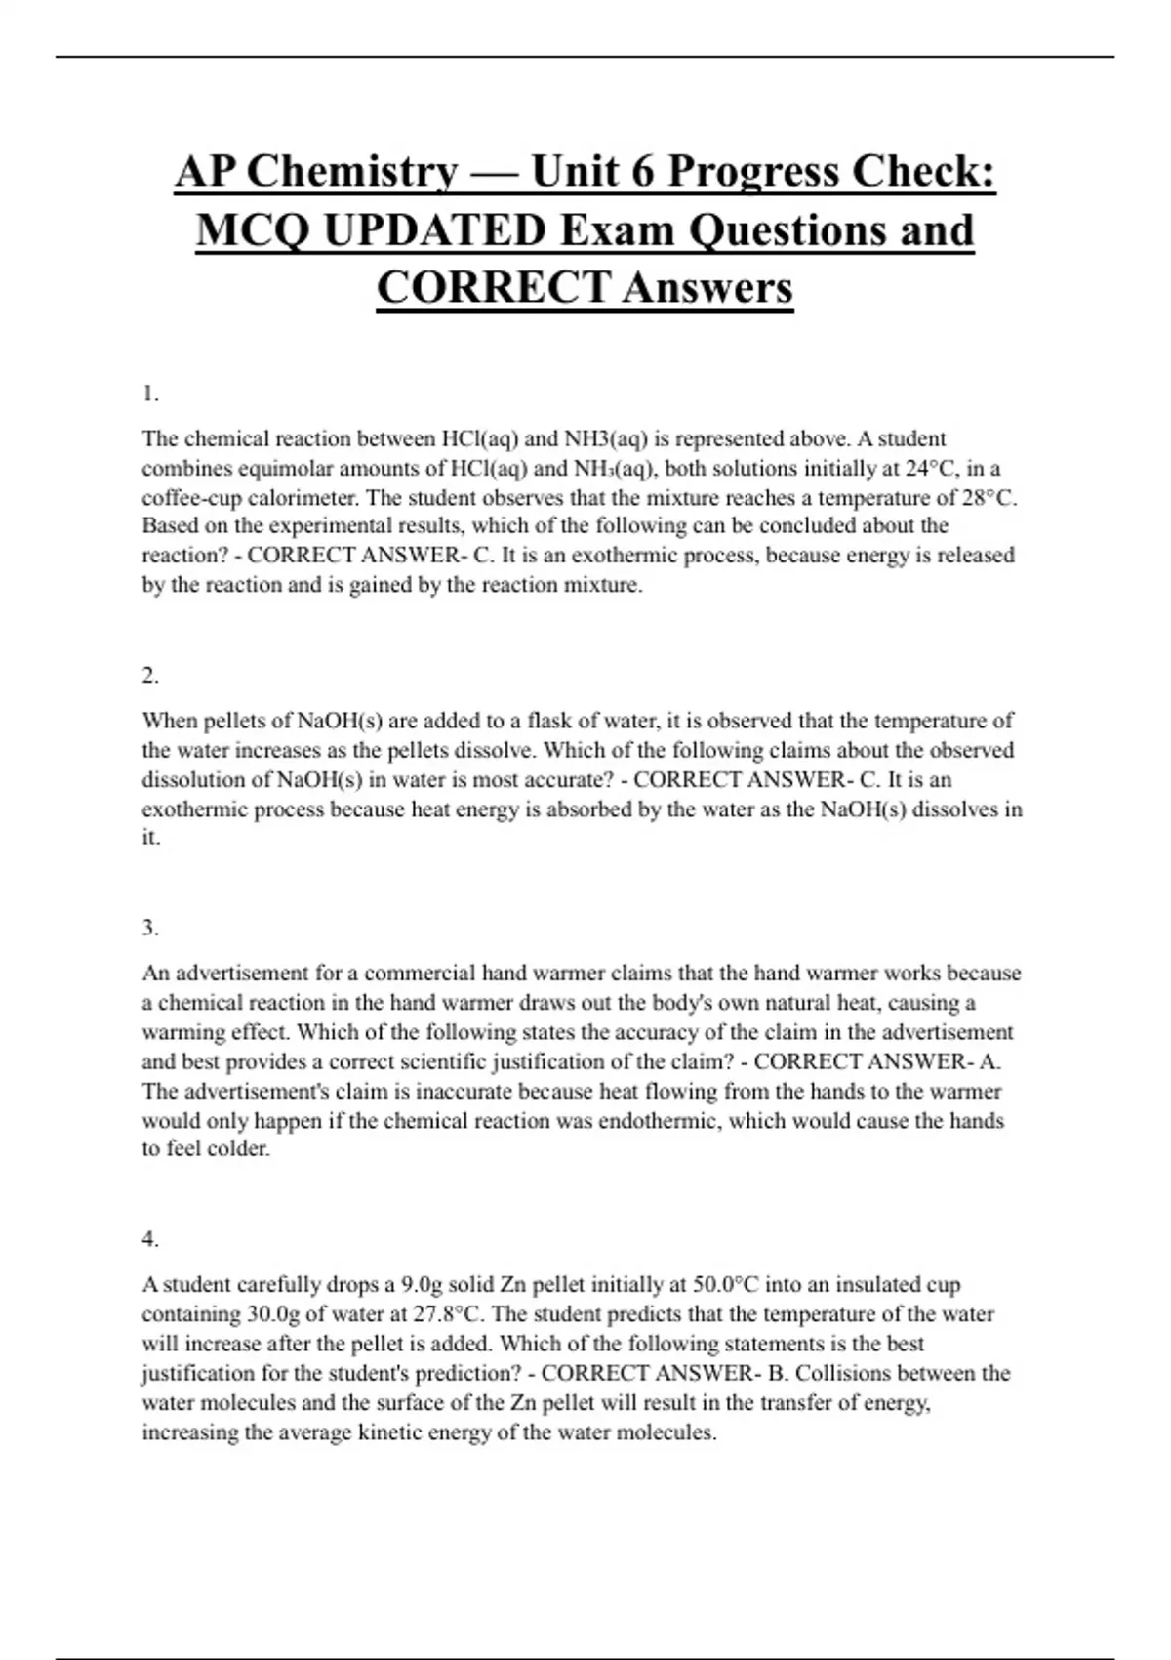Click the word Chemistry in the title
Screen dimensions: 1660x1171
coord(351,172)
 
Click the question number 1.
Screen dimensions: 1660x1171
coord(149,394)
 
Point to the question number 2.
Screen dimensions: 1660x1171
coord(149,675)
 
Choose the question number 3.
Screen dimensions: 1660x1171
coord(149,928)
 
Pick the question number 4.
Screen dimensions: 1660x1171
coord(149,1239)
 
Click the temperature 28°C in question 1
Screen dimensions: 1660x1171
coord(989,497)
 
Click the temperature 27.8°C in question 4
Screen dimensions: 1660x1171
coord(445,1313)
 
